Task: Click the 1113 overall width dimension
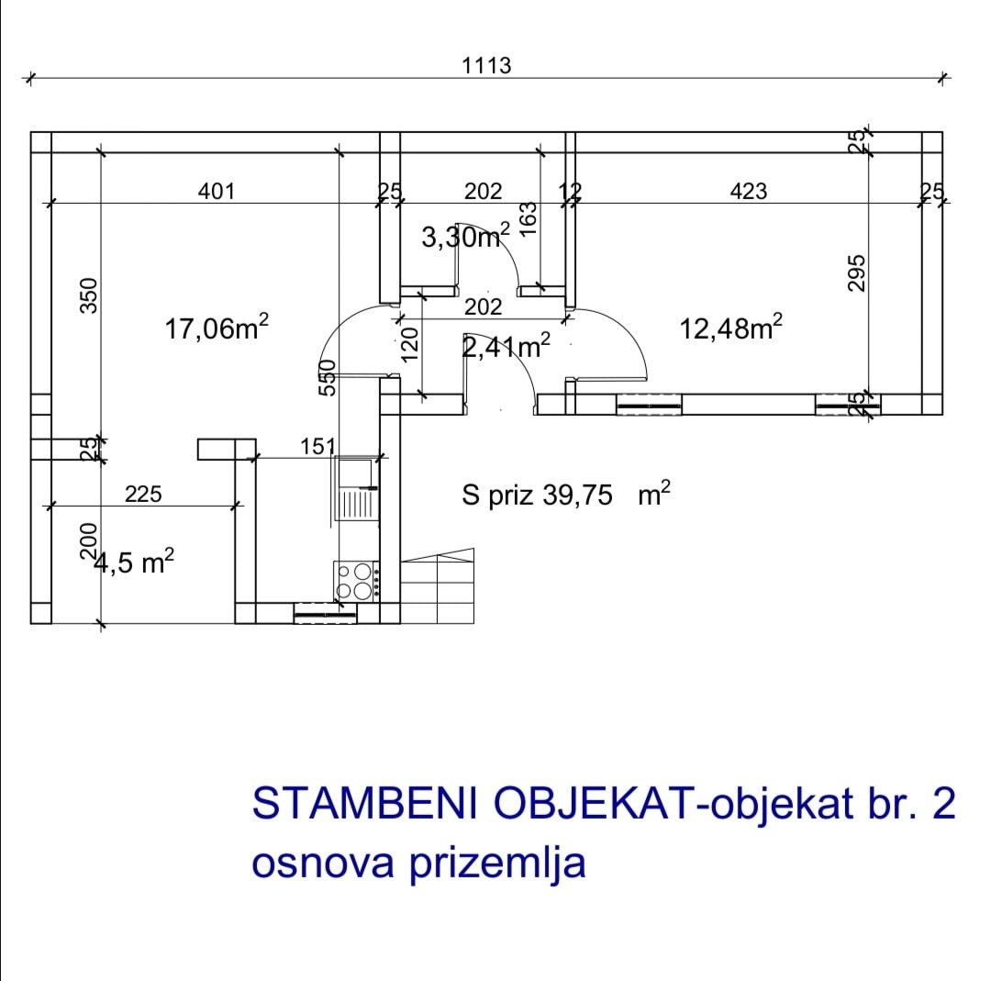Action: [x=486, y=66]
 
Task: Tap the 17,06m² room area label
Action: [x=217, y=328]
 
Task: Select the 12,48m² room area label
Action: [x=731, y=328]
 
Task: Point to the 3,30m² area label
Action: [x=466, y=237]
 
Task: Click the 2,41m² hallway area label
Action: [x=507, y=346]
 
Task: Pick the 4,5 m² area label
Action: [x=133, y=562]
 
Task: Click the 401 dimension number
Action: [x=217, y=191]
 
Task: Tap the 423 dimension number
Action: [x=749, y=191]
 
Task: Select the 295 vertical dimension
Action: [x=856, y=273]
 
